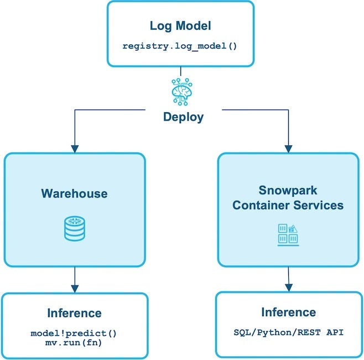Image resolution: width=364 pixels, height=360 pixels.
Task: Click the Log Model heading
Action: pyautogui.click(x=180, y=25)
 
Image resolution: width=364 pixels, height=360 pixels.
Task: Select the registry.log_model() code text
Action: pyautogui.click(x=180, y=45)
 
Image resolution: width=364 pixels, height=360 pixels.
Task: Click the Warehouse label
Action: pyautogui.click(x=74, y=194)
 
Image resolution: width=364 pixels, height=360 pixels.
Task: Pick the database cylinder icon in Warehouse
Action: pyautogui.click(x=74, y=228)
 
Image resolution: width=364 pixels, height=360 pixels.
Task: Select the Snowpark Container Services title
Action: pyautogui.click(x=288, y=198)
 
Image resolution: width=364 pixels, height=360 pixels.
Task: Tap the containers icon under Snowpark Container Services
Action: pyautogui.click(x=288, y=234)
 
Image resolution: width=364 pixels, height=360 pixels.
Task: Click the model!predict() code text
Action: pyautogui.click(x=74, y=333)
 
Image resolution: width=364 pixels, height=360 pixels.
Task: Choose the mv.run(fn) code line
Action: pyautogui.click(x=74, y=343)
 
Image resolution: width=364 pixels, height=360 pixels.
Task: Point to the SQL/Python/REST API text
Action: pyautogui.click(x=288, y=333)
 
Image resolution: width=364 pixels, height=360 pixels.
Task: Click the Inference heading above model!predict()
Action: pyautogui.click(x=74, y=313)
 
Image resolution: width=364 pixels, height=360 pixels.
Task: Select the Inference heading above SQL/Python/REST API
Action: pyautogui.click(x=288, y=312)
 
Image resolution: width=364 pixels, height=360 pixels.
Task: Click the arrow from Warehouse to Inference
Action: pyautogui.click(x=74, y=279)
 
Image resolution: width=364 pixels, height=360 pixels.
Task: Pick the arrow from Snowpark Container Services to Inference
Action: pyautogui.click(x=288, y=279)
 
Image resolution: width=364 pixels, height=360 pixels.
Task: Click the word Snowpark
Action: pyautogui.click(x=288, y=190)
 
